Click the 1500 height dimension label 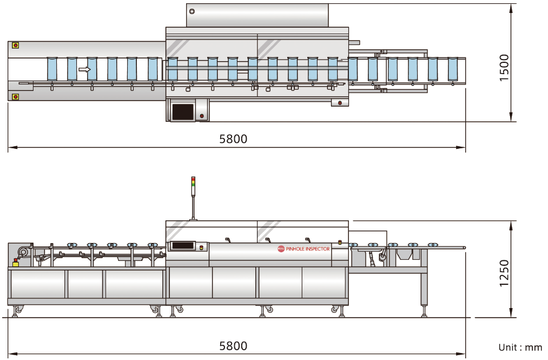tap(504, 68)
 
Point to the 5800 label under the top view tap(233, 139)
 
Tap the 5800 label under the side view tap(233, 346)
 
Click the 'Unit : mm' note tap(520, 347)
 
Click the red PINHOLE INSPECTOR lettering tap(307, 249)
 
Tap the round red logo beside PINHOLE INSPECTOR tap(281, 249)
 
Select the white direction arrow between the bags tap(84, 69)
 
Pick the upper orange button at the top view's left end tap(15, 45)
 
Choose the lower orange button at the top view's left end tap(15, 97)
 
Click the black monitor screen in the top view tap(182, 112)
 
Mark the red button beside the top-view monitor tap(202, 115)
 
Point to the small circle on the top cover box tap(192, 11)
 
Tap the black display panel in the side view tap(183, 246)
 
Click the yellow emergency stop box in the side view tap(15, 264)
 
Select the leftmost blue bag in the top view tap(52, 69)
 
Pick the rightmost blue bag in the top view tap(453, 69)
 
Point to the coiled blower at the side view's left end tap(23, 251)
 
